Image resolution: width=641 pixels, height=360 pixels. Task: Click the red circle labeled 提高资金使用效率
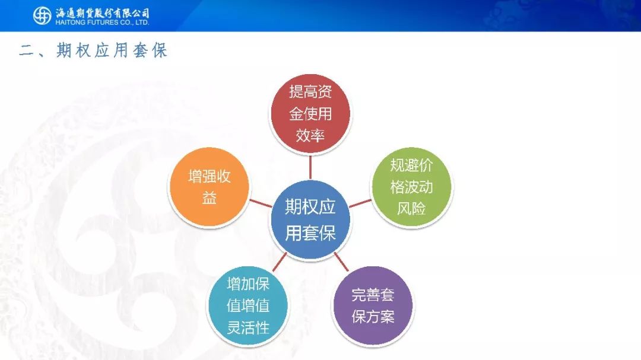click(x=310, y=114)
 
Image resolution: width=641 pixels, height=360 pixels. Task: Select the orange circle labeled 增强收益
click(x=210, y=187)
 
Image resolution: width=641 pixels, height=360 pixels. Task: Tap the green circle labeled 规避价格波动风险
click(x=411, y=187)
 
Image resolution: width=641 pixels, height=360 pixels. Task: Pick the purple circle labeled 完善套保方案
click(x=373, y=306)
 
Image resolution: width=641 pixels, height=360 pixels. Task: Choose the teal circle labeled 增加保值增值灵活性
click(x=248, y=306)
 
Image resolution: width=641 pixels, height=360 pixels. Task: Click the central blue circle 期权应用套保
click(x=310, y=220)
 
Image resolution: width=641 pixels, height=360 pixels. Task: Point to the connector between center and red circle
click(x=310, y=167)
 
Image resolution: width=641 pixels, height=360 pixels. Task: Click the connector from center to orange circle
click(x=261, y=203)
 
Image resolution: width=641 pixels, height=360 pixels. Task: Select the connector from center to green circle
click(x=360, y=203)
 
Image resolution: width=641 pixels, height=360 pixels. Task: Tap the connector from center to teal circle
click(x=279, y=262)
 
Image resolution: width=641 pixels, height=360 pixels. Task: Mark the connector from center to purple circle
click(x=341, y=262)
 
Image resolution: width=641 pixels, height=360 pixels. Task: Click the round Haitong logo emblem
click(x=42, y=16)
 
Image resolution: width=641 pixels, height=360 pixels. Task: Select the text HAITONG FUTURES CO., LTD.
click(x=102, y=23)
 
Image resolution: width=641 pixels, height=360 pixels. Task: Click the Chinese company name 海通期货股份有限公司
click(x=102, y=13)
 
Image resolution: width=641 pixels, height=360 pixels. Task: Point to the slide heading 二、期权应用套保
click(x=94, y=50)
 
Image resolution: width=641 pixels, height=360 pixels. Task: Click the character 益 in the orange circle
click(x=210, y=199)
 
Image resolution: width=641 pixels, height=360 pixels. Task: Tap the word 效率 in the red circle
click(x=310, y=136)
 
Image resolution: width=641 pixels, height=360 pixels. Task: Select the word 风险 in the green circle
click(x=411, y=209)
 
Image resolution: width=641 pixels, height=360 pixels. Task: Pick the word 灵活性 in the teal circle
click(x=248, y=327)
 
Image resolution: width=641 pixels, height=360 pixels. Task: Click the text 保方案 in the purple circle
click(x=373, y=317)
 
